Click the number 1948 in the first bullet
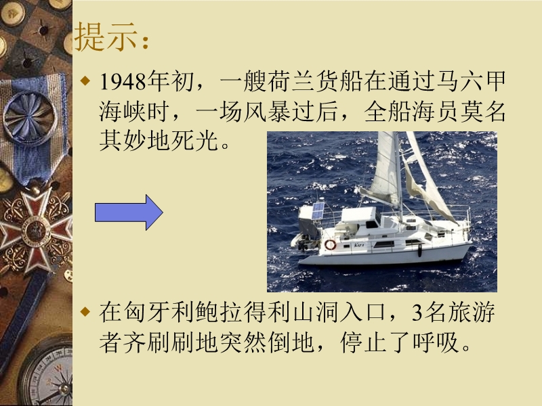(123, 82)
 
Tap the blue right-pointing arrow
(129, 212)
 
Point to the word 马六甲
(471, 81)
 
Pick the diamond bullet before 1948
(85, 81)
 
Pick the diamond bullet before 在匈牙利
(85, 312)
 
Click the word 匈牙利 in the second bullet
(159, 312)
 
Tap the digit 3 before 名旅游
(417, 313)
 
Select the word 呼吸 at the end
(436, 342)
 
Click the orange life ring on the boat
(330, 244)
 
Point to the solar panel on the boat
(318, 210)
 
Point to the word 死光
(194, 140)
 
